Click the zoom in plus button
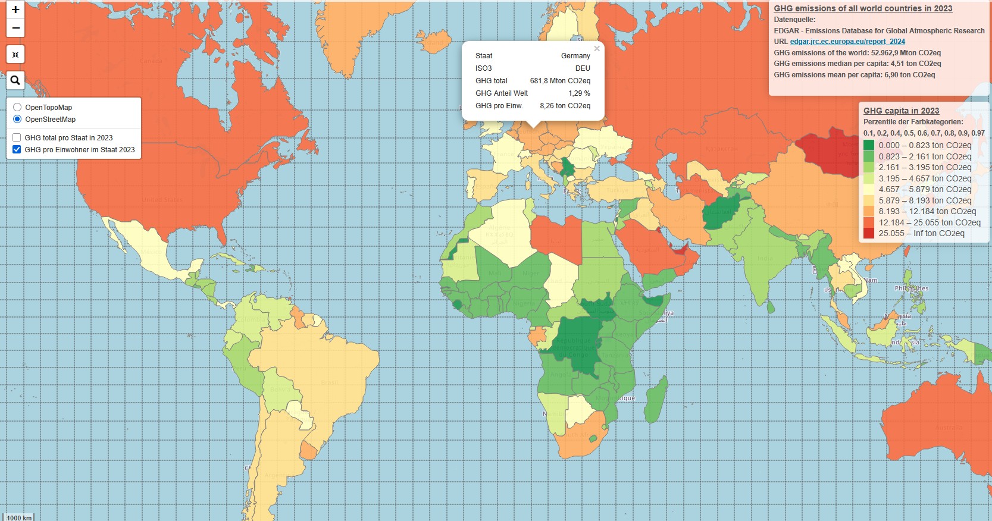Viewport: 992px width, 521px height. point(15,10)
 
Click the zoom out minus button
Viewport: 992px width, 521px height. point(15,28)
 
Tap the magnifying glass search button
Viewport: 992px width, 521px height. point(15,80)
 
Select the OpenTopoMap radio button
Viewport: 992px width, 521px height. point(17,107)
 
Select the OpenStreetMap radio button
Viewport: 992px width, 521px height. point(17,119)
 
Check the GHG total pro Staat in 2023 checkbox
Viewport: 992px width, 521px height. point(17,137)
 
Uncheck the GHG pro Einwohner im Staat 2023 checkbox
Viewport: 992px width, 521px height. point(17,149)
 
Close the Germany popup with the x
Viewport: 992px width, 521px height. point(597,49)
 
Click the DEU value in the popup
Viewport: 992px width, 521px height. point(583,68)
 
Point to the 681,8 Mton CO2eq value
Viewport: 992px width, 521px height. point(560,81)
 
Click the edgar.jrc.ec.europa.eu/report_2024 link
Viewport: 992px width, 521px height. point(847,42)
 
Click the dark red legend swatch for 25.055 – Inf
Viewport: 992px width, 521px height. point(869,233)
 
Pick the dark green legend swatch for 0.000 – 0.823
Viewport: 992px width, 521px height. point(869,145)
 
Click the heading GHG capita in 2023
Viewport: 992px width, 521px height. point(901,111)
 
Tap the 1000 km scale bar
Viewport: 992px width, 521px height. point(19,517)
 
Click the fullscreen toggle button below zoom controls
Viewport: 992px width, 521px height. point(15,54)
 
